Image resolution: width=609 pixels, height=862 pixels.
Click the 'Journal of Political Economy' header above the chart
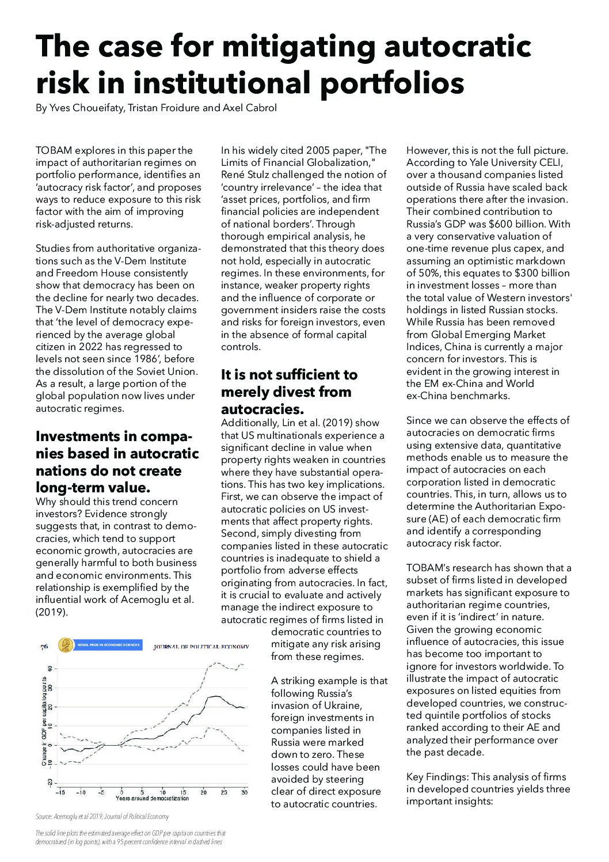point(201,646)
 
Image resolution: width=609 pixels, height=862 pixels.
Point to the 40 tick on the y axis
point(50,669)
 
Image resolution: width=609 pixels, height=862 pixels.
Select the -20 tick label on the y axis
point(50,783)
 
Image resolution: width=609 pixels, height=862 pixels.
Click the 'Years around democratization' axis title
point(152,799)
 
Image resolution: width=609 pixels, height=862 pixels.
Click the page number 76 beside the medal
point(44,647)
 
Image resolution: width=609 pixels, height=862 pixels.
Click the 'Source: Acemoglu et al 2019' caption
point(102,817)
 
